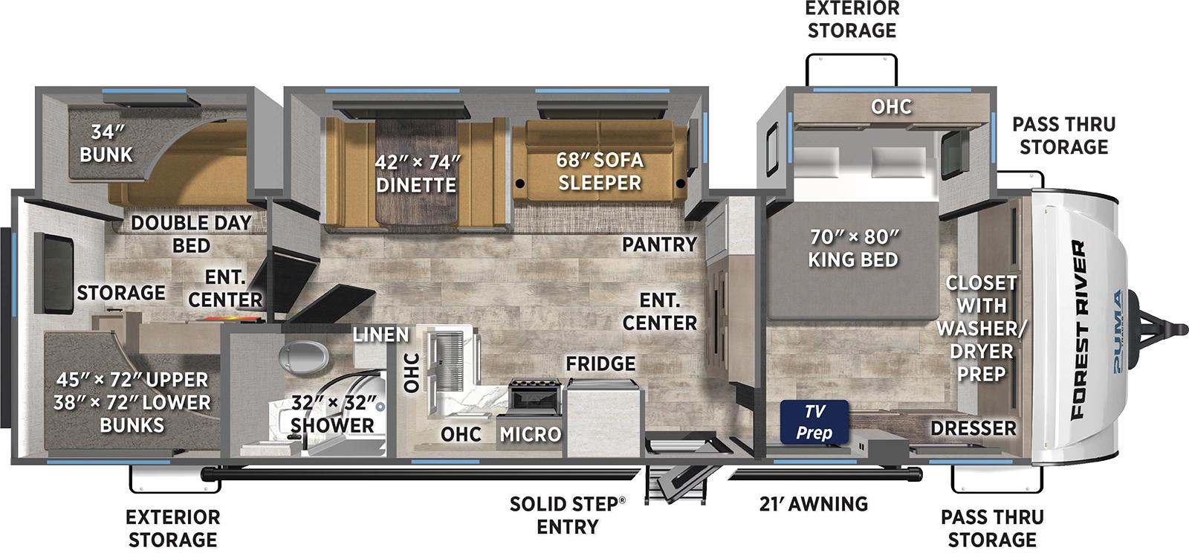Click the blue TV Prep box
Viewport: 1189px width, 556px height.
tap(814, 422)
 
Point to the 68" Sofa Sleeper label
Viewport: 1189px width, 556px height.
tap(600, 171)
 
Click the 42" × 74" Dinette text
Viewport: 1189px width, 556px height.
tap(415, 172)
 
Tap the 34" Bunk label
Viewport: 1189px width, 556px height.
tap(106, 143)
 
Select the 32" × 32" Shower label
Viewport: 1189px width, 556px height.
tap(332, 414)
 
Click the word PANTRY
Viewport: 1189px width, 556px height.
tap(659, 244)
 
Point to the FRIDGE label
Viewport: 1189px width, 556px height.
tap(600, 363)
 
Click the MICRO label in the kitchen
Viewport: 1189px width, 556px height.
tap(530, 434)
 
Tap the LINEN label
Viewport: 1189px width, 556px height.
tap(380, 335)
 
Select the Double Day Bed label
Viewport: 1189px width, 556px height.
tap(191, 233)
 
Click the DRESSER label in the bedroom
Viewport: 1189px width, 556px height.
tap(973, 428)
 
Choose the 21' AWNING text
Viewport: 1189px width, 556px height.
tap(814, 504)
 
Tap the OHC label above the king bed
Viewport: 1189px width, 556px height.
tap(891, 106)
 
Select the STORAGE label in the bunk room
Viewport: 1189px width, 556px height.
tap(121, 293)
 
